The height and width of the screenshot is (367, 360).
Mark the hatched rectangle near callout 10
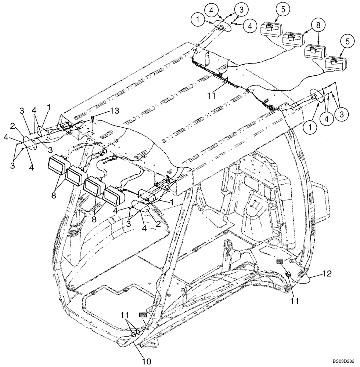[x=143, y=315]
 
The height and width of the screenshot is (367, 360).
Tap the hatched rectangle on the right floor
[x=280, y=261]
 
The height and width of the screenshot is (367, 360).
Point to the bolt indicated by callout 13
[x=93, y=119]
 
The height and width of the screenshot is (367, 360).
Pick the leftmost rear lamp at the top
[x=270, y=29]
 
